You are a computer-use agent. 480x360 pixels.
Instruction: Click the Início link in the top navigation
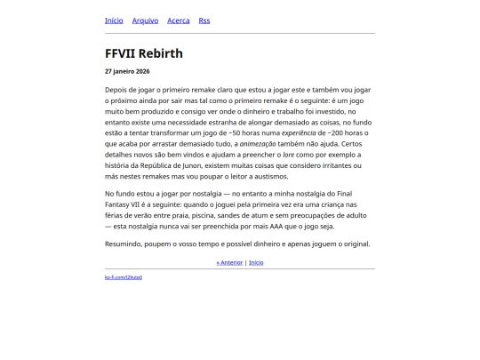click(114, 20)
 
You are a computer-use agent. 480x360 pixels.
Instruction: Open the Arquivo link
click(145, 20)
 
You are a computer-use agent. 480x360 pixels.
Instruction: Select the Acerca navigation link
click(178, 20)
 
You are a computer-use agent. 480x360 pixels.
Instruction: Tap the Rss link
click(204, 20)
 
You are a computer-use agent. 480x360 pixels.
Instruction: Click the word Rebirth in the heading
click(160, 53)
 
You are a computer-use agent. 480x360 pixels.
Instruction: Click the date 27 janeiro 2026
click(127, 71)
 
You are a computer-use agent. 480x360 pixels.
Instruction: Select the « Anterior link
click(229, 262)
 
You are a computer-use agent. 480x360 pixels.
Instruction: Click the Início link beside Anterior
click(256, 262)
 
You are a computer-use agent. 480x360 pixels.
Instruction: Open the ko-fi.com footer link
click(124, 277)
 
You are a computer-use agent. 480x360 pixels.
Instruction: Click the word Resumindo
click(124, 244)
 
